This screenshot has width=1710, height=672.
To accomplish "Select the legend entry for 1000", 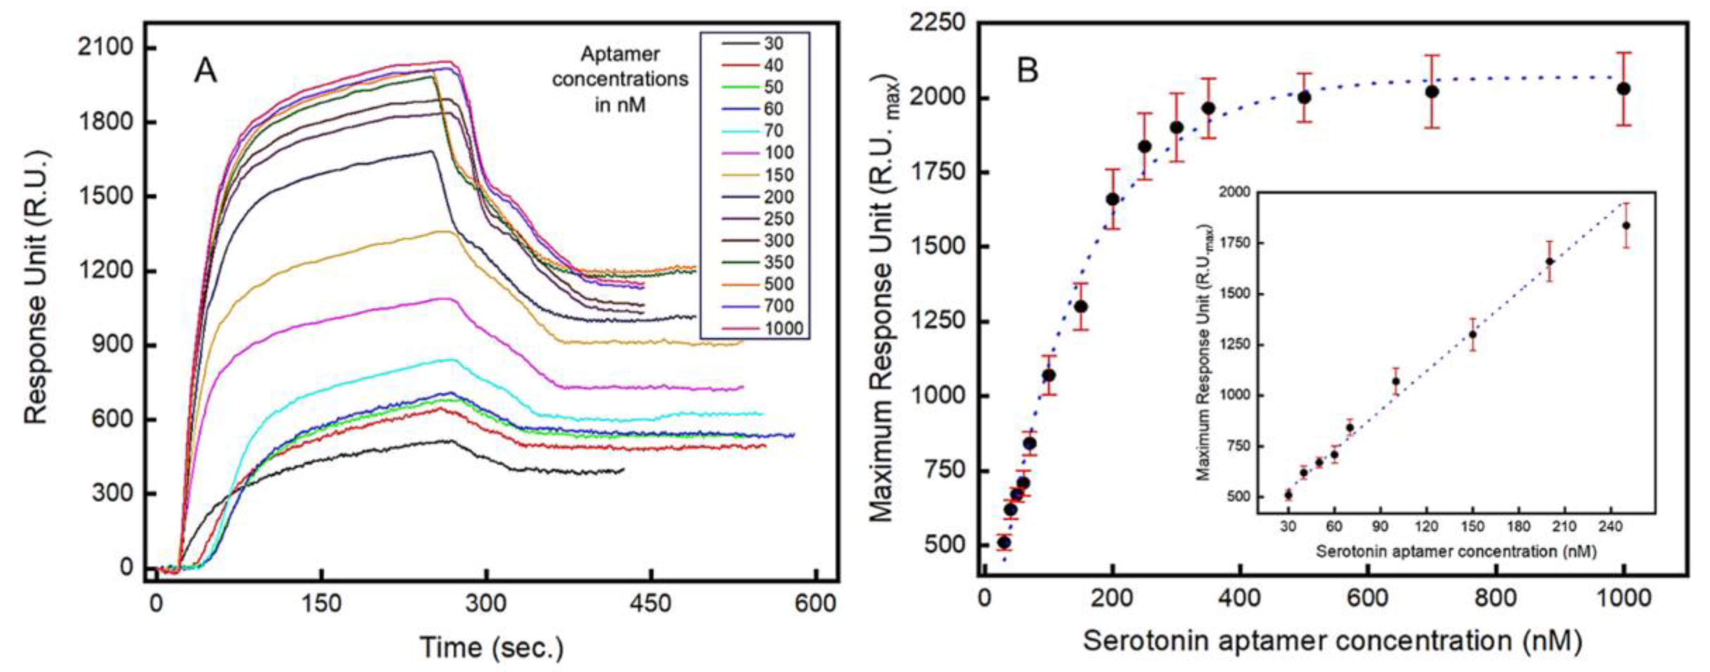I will (x=783, y=328).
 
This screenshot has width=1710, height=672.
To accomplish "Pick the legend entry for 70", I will (x=773, y=131).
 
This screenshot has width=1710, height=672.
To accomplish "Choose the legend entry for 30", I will (x=773, y=44).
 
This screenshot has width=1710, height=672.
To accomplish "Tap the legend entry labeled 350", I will (x=778, y=262).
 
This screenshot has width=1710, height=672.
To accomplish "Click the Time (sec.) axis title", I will (x=491, y=647).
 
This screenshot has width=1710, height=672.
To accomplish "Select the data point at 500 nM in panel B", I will (x=1305, y=97).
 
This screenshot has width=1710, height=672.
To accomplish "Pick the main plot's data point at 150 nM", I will (x=1081, y=306).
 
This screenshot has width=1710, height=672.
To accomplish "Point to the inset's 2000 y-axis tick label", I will (x=1234, y=192).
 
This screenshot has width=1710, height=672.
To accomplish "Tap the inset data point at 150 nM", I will (x=1473, y=335).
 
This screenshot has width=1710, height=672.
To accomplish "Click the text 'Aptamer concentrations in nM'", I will (x=620, y=79).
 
